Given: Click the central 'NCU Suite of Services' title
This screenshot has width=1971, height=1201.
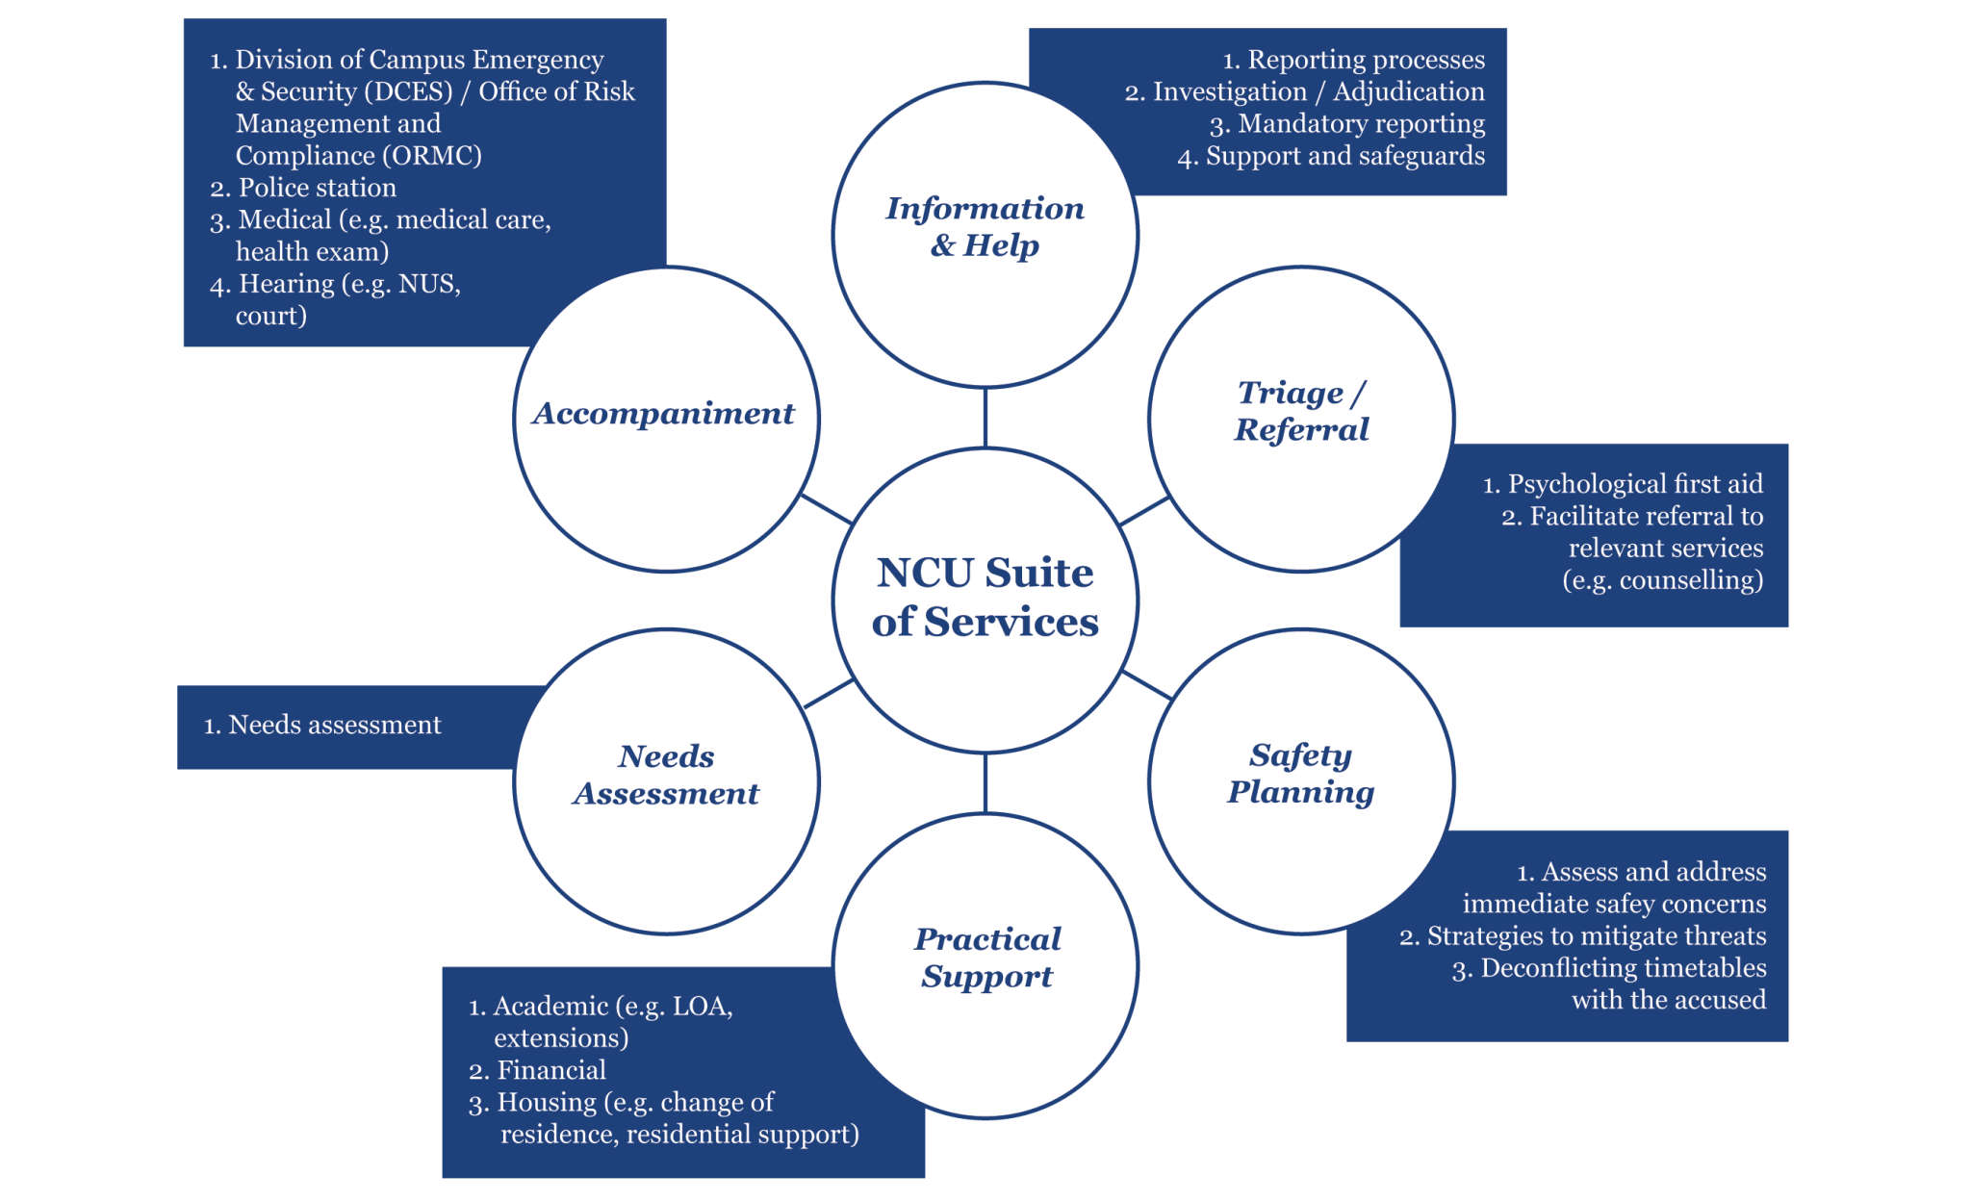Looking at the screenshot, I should point(985,598).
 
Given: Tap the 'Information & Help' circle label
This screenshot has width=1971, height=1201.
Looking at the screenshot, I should point(985,227).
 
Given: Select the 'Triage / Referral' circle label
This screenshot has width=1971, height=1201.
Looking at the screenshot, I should point(1301,411).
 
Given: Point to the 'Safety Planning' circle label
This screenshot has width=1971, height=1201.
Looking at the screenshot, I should point(1301,774).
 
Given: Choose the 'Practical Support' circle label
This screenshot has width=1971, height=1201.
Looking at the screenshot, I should point(986,958).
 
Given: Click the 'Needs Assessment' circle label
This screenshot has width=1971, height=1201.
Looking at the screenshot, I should point(666,775).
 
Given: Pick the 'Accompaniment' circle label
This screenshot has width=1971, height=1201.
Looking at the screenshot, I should point(664,414).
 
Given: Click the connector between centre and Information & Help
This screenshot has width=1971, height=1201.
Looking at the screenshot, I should point(985,418).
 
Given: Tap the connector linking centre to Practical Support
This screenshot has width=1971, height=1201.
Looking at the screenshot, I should point(985,782).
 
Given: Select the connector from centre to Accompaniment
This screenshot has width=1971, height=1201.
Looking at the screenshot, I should point(827,509).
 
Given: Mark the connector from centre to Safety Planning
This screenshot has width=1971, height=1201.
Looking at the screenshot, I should point(1147,685).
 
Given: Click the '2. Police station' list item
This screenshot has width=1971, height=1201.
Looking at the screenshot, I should point(303,188).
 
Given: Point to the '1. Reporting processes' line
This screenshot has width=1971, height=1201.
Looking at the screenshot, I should point(1353,60).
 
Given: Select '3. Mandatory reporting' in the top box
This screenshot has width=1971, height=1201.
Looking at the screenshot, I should point(1347,124).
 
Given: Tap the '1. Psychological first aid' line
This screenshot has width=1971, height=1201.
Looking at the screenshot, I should point(1623,484).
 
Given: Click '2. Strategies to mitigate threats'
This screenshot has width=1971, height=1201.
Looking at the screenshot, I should point(1583,936).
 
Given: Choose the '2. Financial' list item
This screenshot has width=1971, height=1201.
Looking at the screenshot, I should point(537,1070).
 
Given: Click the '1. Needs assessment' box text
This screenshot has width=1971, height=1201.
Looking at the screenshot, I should point(322,725).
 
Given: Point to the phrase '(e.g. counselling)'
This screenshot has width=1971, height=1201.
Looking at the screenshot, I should point(1662,580).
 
